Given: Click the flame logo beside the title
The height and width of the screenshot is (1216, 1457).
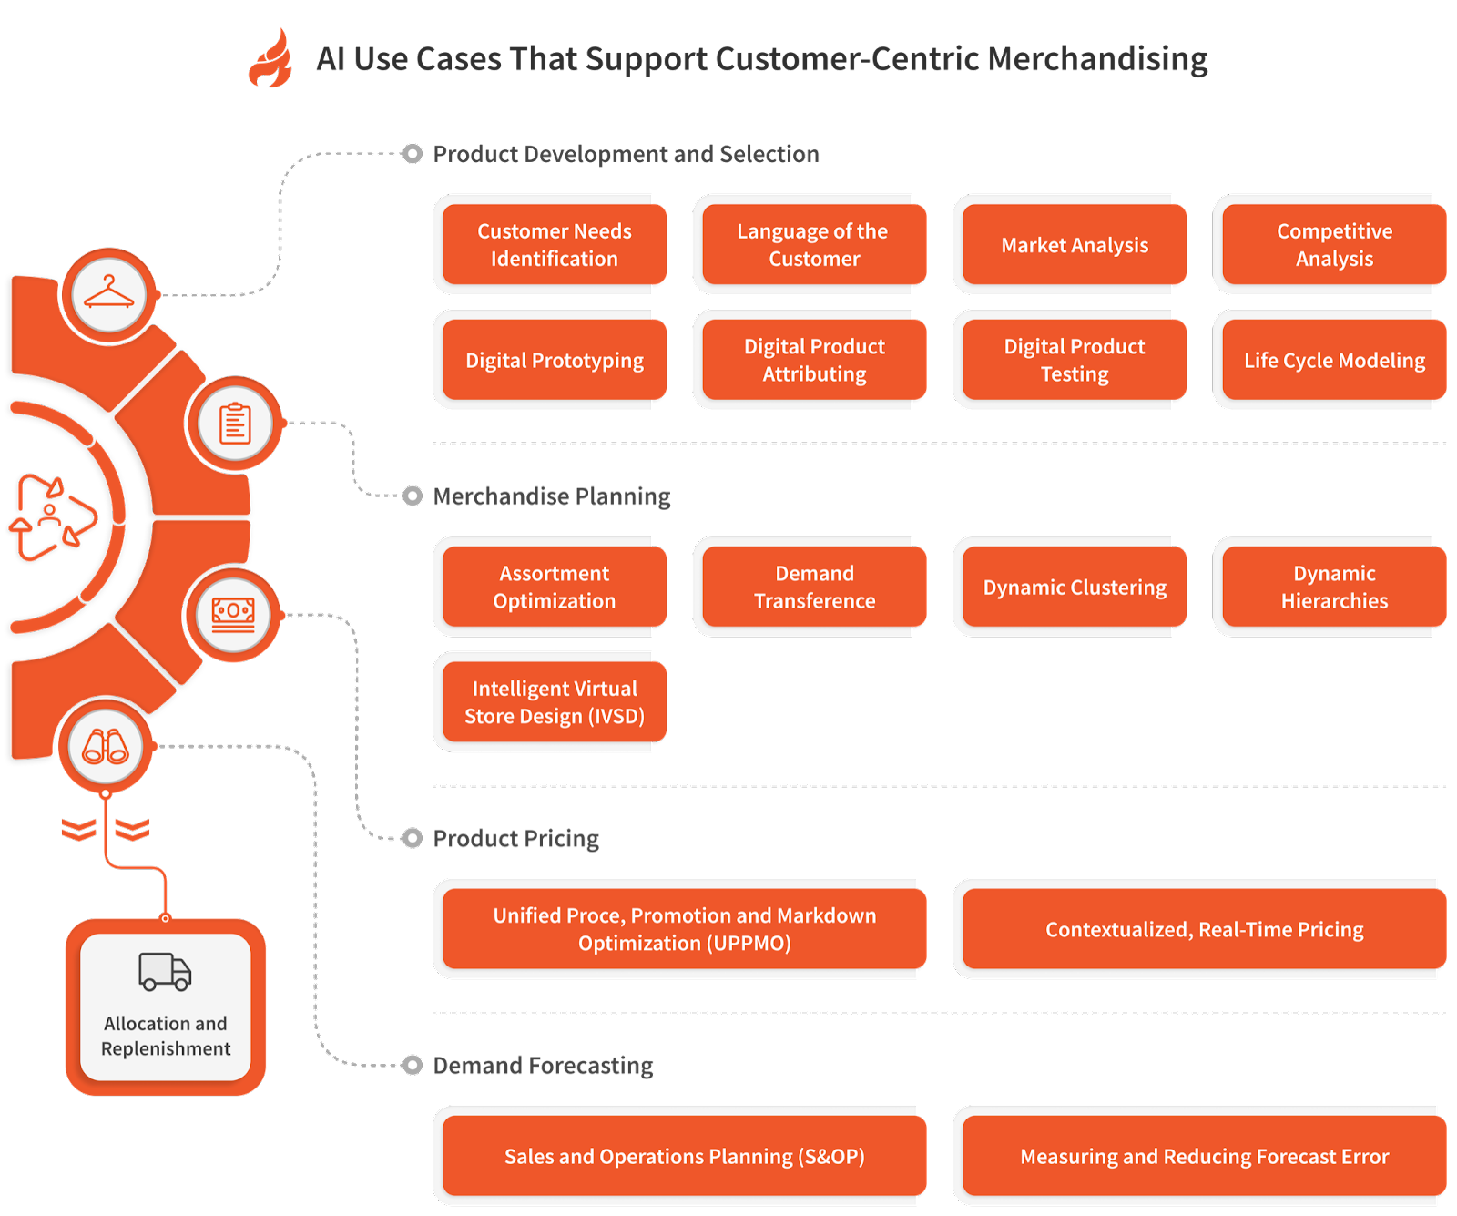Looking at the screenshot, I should click(x=270, y=59).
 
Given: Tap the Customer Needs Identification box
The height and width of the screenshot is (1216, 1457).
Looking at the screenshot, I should click(x=554, y=245).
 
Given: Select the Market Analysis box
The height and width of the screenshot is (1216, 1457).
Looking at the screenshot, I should click(x=1074, y=245).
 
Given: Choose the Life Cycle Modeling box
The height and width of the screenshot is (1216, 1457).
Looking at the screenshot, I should click(x=1333, y=360).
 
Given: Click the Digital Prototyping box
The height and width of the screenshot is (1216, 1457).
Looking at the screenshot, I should click(x=554, y=360).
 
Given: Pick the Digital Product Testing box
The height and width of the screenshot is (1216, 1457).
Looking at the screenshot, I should click(x=1074, y=360).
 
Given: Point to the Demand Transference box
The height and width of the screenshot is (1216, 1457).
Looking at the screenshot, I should click(x=814, y=587).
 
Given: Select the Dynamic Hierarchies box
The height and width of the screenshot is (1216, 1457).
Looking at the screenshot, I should click(x=1333, y=587).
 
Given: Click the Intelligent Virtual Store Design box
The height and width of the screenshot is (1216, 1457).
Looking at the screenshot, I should click(x=554, y=702).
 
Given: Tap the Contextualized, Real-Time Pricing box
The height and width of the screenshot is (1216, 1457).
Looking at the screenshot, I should click(x=1203, y=929).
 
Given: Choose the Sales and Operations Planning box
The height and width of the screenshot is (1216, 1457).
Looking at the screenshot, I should click(x=684, y=1156).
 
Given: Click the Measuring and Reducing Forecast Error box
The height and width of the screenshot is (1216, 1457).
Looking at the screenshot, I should click(x=1203, y=1156).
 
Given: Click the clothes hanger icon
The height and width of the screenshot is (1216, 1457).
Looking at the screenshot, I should click(x=109, y=294).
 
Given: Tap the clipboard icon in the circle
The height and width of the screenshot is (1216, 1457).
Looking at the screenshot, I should click(x=235, y=424).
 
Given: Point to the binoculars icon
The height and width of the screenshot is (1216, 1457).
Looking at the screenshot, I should click(x=106, y=747).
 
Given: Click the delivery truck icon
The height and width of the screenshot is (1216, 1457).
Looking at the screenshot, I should click(x=165, y=972).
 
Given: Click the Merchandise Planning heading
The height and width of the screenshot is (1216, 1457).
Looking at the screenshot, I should click(x=551, y=496).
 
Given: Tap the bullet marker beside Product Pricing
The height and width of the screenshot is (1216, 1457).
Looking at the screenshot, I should click(x=413, y=838).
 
